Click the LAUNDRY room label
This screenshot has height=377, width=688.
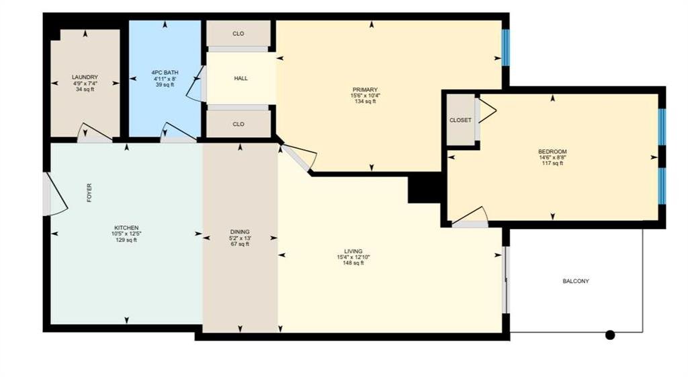coord(85,77)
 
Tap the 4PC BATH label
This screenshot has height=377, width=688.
coord(165,73)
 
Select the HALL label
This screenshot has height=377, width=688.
coord(241,78)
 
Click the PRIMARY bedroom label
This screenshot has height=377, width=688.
coord(365,90)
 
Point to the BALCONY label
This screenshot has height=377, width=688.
coord(576,281)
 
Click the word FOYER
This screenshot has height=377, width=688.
coord(89,193)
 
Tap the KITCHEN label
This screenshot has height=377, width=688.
coord(126,228)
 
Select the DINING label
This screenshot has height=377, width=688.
coord(240,232)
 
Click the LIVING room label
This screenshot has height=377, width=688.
coord(353,251)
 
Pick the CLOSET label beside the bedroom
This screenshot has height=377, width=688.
coord(460,120)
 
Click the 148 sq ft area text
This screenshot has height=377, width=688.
coord(353,263)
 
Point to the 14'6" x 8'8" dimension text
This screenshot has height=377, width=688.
coord(553,158)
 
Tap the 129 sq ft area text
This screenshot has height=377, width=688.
coord(126,240)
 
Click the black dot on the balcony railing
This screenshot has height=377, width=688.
coord(610,335)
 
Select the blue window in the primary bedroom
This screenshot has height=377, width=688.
coord(506,47)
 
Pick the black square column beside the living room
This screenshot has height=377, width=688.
coord(425,188)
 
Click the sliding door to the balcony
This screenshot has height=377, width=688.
coord(505,280)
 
